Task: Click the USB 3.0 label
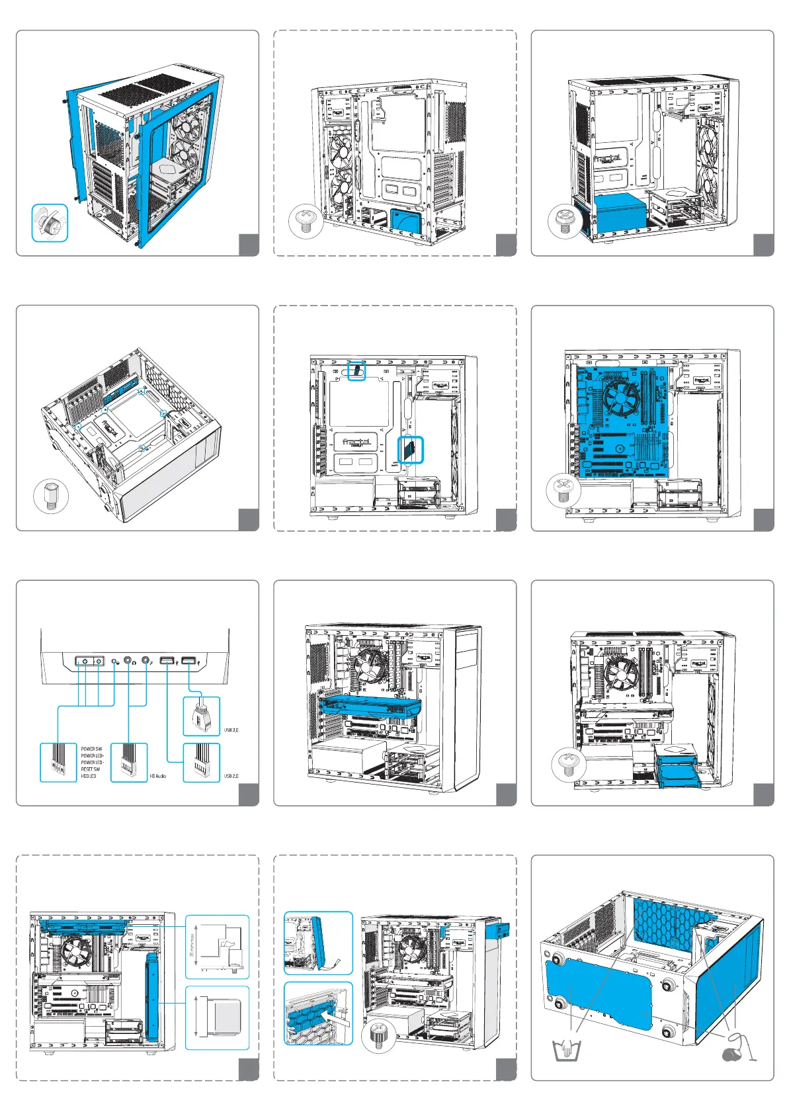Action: coord(231,730)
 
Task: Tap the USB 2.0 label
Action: coord(231,776)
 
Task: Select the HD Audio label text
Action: coord(157,776)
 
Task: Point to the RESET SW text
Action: coord(91,769)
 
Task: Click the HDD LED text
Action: coord(89,776)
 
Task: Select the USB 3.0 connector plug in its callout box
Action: coord(201,717)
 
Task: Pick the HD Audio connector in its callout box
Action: coord(128,763)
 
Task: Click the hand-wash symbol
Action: coord(566,1050)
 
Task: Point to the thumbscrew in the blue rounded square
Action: coord(50,223)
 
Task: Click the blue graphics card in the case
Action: coord(370,707)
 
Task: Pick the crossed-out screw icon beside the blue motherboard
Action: coord(563,491)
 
